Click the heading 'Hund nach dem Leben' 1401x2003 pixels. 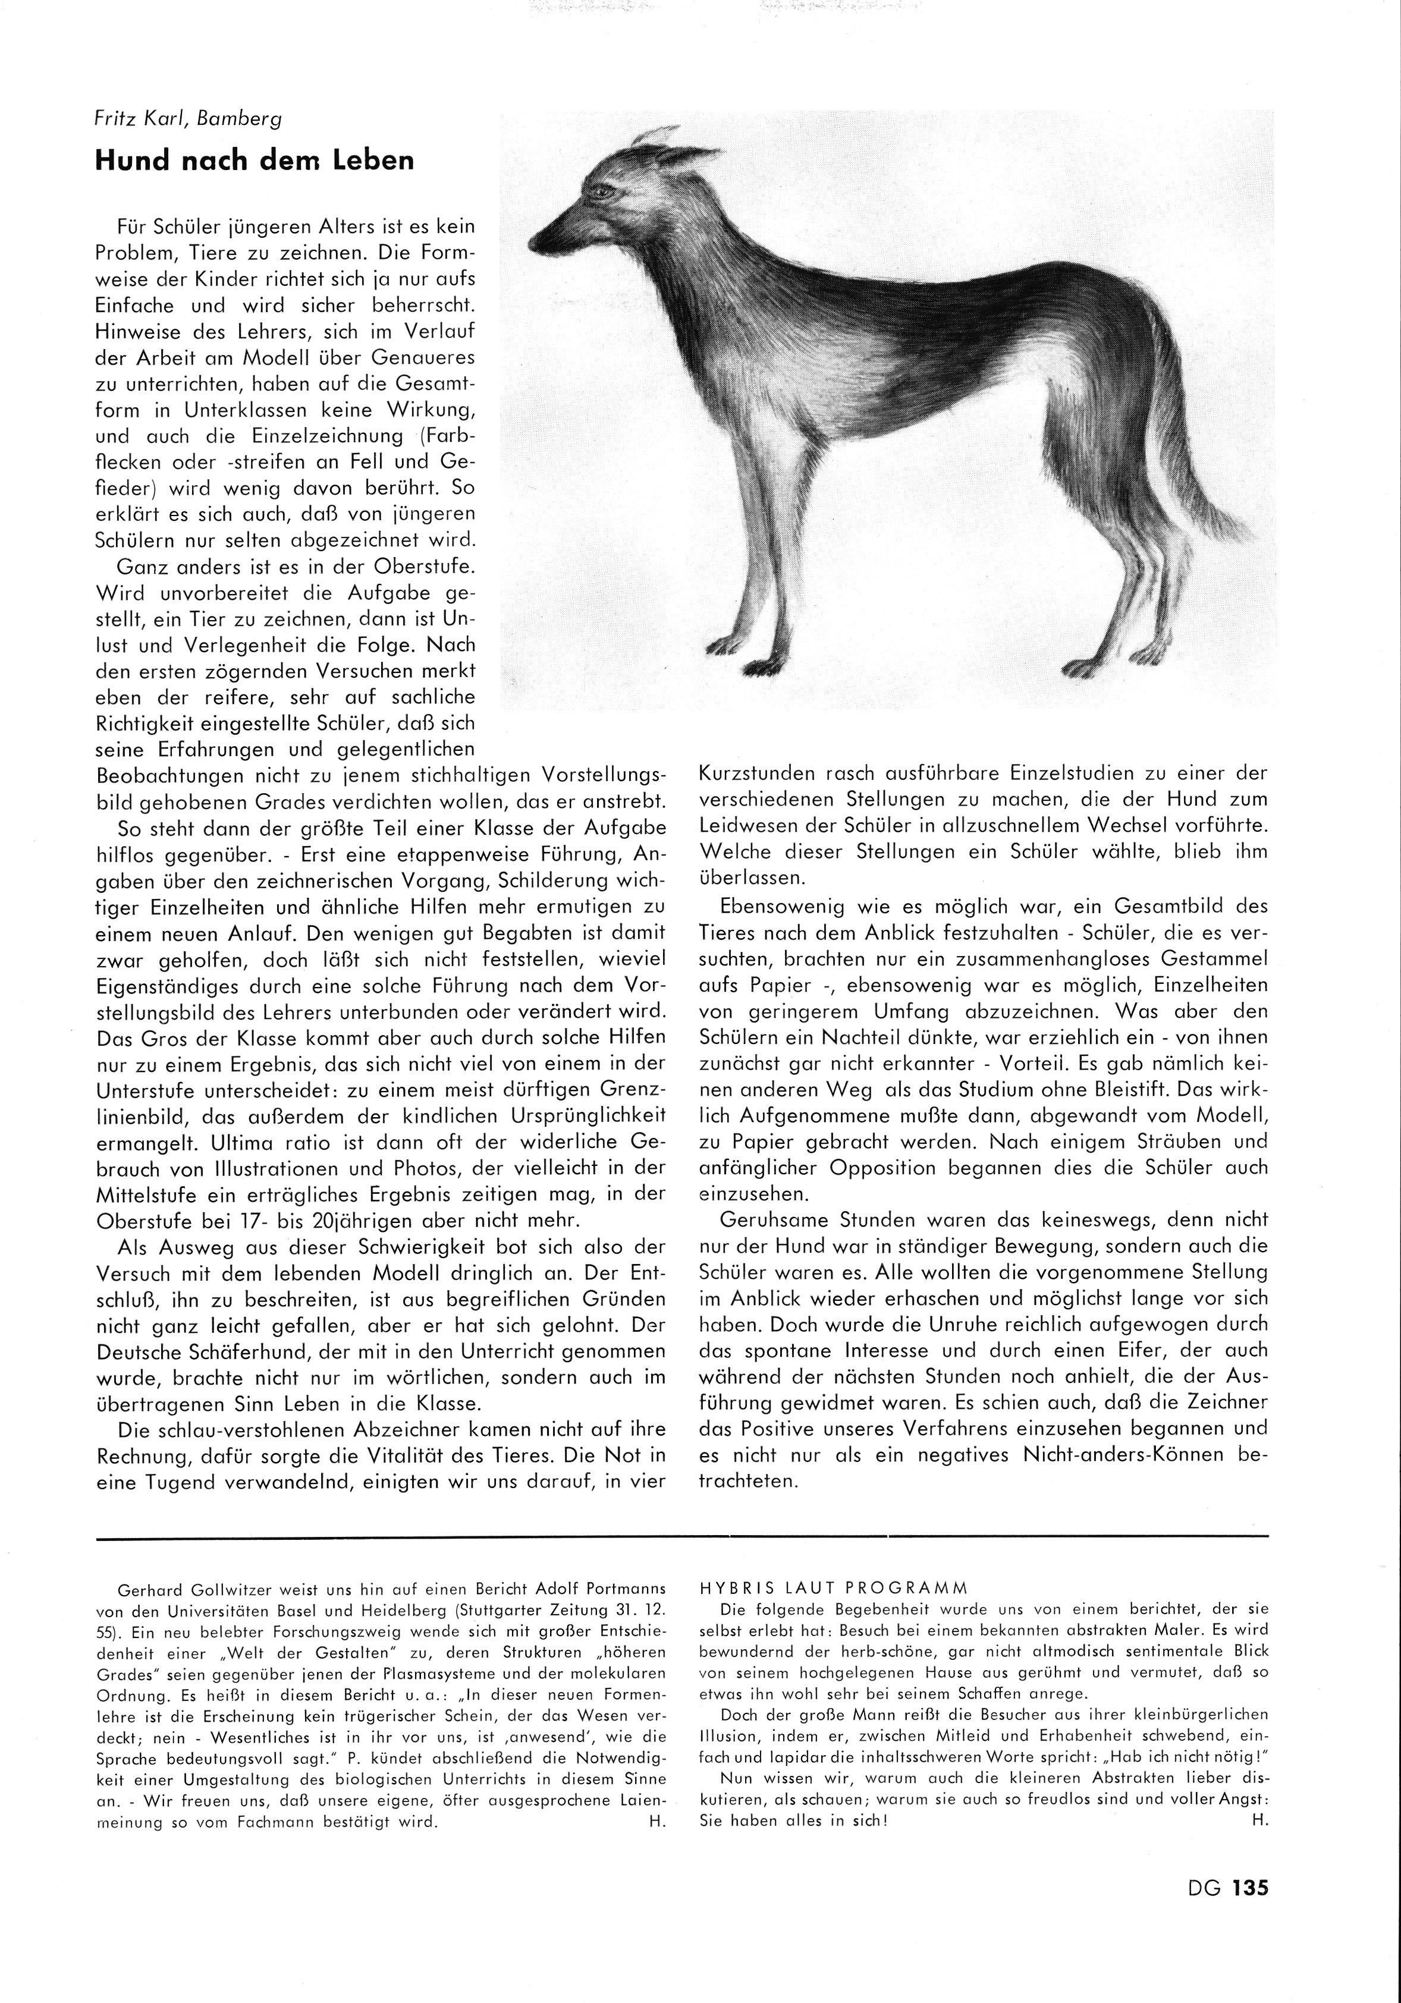[x=254, y=161]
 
